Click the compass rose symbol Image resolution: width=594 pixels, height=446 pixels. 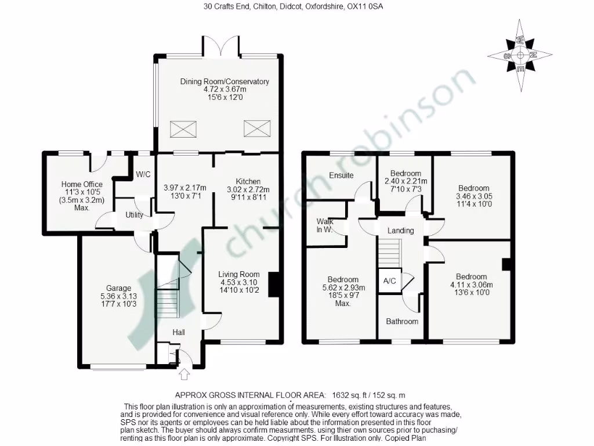coord(520,56)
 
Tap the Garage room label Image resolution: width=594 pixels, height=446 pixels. coord(118,288)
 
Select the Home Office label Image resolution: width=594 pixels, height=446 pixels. coord(82,184)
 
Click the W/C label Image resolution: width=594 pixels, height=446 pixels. coord(143,174)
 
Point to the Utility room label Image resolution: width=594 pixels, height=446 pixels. coord(135,215)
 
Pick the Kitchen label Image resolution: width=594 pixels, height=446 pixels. coord(248,181)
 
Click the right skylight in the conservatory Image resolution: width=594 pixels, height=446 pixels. coord(253,127)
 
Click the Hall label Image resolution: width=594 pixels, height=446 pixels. coord(179,332)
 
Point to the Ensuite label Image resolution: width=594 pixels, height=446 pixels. coord(341,175)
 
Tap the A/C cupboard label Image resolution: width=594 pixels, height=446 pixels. coord(389,281)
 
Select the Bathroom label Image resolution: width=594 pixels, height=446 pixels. coord(402,321)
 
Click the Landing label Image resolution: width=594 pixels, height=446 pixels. coord(401,231)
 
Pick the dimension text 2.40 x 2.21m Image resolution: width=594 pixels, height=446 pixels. coord(405,182)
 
